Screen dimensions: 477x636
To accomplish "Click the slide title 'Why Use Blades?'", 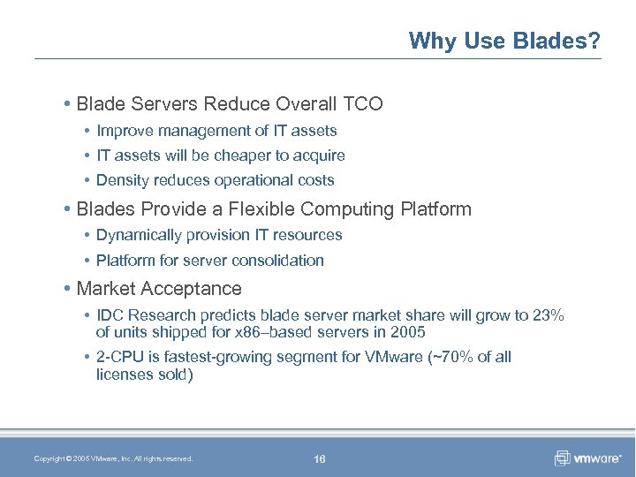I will point(504,41).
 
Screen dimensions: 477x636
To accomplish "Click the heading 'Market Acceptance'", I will point(159,289).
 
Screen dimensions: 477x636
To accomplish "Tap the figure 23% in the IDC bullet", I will point(549,316).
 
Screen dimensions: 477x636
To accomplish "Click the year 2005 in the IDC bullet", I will point(407,332).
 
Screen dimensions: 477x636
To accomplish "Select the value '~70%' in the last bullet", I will point(445,357).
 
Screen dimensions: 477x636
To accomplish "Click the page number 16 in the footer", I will point(319,458).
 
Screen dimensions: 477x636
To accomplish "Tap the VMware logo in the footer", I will point(588,458).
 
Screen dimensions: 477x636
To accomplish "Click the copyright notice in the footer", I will point(113,458).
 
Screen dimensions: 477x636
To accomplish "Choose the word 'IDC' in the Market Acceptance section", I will point(110,316).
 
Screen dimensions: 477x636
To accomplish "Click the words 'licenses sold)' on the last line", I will point(144,374).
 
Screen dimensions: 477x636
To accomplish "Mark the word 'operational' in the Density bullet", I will point(250,180).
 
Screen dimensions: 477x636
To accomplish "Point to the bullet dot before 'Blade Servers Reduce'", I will point(68,104).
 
